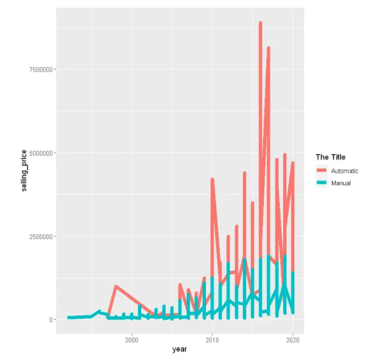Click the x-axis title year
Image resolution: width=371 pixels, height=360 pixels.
(180, 349)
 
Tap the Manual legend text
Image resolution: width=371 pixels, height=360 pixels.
(341, 183)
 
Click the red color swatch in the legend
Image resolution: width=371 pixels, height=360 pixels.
(322, 171)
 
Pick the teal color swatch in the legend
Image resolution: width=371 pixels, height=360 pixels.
(322, 183)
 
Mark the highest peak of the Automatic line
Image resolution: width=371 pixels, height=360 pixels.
(260, 23)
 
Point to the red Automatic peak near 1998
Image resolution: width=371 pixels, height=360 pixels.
(116, 286)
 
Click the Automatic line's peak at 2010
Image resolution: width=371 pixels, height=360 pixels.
(212, 179)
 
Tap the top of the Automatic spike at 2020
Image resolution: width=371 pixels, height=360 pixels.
(293, 162)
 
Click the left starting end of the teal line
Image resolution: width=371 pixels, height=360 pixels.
(68, 317)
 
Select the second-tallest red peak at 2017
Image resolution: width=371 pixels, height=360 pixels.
(269, 48)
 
